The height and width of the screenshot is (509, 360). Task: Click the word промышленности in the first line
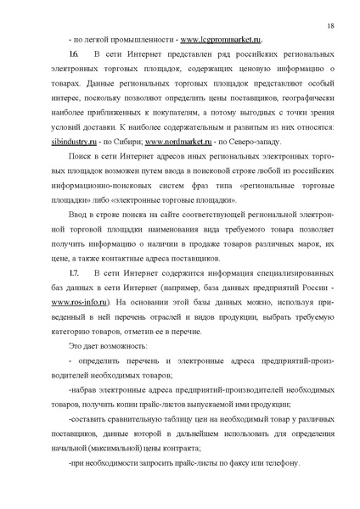point(132,40)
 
